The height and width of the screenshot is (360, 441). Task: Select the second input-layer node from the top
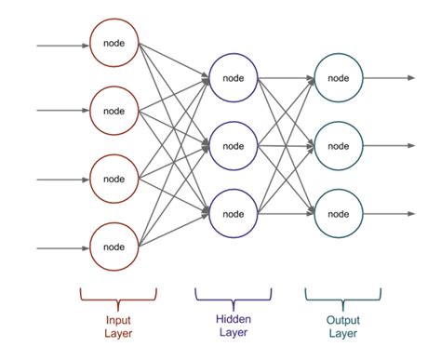click(114, 111)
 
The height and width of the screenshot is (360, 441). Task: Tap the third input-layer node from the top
click(114, 179)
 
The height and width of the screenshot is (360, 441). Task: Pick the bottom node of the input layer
click(114, 247)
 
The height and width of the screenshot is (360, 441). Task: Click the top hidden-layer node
click(233, 76)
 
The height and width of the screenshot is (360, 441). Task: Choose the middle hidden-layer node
click(233, 144)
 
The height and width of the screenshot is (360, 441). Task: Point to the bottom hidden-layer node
click(233, 212)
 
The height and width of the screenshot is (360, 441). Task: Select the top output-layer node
click(338, 76)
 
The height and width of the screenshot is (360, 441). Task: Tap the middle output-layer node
click(338, 144)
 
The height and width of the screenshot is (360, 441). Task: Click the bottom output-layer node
click(338, 212)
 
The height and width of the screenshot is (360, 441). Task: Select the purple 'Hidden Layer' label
click(233, 323)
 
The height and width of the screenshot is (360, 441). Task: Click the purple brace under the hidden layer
click(233, 296)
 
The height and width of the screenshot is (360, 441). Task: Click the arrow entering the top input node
click(61, 44)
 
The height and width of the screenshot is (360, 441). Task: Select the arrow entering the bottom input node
click(61, 247)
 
